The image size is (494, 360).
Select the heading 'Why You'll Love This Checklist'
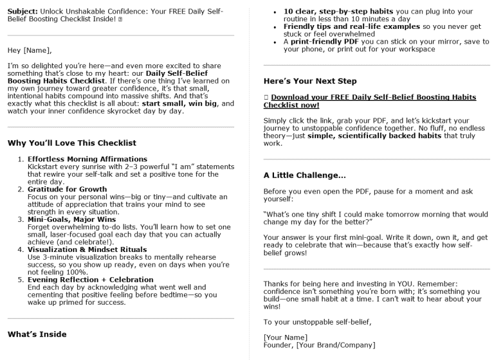pos(71,143)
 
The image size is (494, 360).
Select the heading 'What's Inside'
pos(37,334)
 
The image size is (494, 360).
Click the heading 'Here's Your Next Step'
pos(310,82)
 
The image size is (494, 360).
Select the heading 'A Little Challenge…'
pos(305,175)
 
